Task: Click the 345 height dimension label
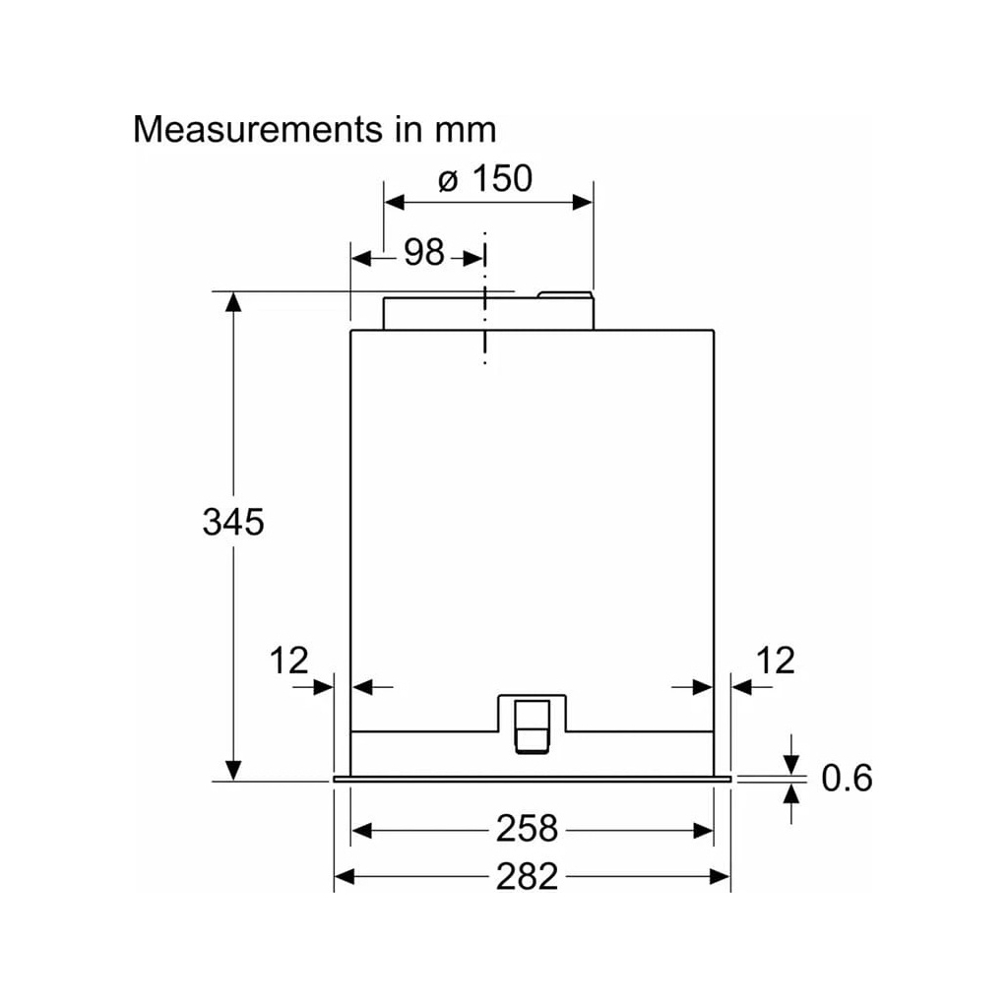pyautogui.click(x=233, y=522)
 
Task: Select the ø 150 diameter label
pyautogui.click(x=485, y=178)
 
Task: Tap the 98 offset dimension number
pyautogui.click(x=424, y=252)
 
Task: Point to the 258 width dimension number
pyautogui.click(x=527, y=828)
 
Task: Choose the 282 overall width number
pyautogui.click(x=527, y=876)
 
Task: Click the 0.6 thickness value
pyautogui.click(x=847, y=778)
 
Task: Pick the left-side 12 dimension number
pyautogui.click(x=288, y=661)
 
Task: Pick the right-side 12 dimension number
pyautogui.click(x=776, y=661)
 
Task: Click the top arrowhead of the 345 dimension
pyautogui.click(x=233, y=302)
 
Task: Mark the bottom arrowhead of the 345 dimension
pyautogui.click(x=233, y=771)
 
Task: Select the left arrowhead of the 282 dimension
pyautogui.click(x=345, y=876)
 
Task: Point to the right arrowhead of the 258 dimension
pyautogui.click(x=703, y=831)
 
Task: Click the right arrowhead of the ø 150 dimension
pyautogui.click(x=583, y=203)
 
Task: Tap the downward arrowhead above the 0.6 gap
pyautogui.click(x=791, y=764)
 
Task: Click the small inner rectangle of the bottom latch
pyautogui.click(x=533, y=725)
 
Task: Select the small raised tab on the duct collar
pyautogui.click(x=565, y=294)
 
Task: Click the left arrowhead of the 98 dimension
pyautogui.click(x=362, y=259)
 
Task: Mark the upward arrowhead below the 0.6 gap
pyautogui.click(x=791, y=794)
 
